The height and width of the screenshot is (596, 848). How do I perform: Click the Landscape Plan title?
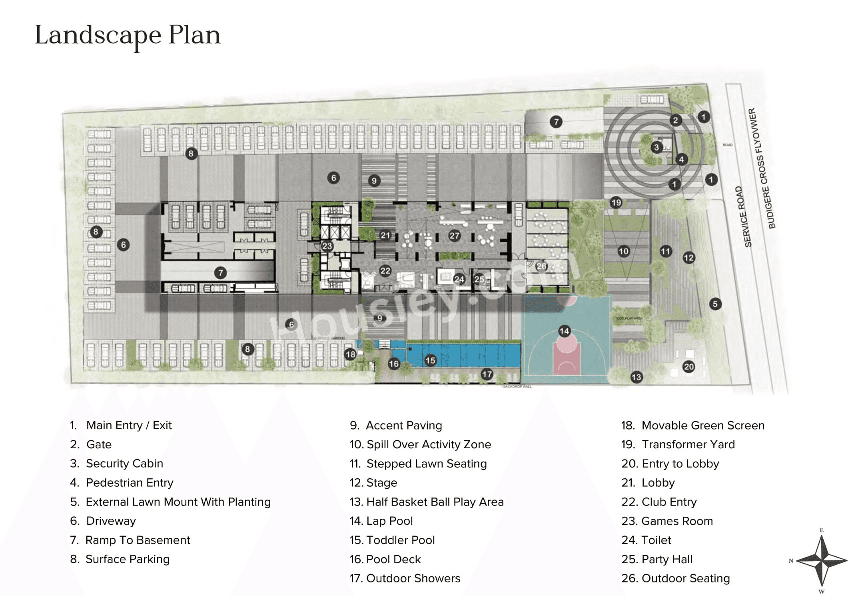pos(128,35)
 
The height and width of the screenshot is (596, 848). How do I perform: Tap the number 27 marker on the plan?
pos(454,235)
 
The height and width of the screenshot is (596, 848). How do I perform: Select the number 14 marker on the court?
pos(564,331)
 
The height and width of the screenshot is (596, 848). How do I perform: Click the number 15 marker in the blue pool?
pos(430,360)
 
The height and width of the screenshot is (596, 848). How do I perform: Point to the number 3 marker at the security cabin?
pos(656,147)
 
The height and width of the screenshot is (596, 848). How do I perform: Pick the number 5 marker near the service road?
pos(715,304)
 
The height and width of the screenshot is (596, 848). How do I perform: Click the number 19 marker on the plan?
pos(616,202)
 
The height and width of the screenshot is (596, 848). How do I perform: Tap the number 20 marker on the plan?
pos(688,367)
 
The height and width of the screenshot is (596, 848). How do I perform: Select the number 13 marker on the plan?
pos(636,377)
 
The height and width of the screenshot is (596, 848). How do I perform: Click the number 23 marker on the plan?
pos(327,246)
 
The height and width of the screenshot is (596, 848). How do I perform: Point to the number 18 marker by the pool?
pos(350,354)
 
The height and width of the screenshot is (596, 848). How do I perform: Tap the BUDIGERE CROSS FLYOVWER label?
pos(762,168)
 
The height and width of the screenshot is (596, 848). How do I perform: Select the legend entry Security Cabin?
pos(124,464)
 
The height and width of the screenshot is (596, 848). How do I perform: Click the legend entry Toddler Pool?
pos(400,540)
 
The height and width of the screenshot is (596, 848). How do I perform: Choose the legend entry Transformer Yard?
pos(688,444)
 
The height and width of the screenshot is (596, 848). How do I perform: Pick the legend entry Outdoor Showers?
pos(413,578)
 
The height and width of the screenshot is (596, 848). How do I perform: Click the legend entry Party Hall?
pos(666,559)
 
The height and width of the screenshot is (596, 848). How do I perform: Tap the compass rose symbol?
pos(821,561)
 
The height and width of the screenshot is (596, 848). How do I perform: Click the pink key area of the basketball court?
pos(566,358)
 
